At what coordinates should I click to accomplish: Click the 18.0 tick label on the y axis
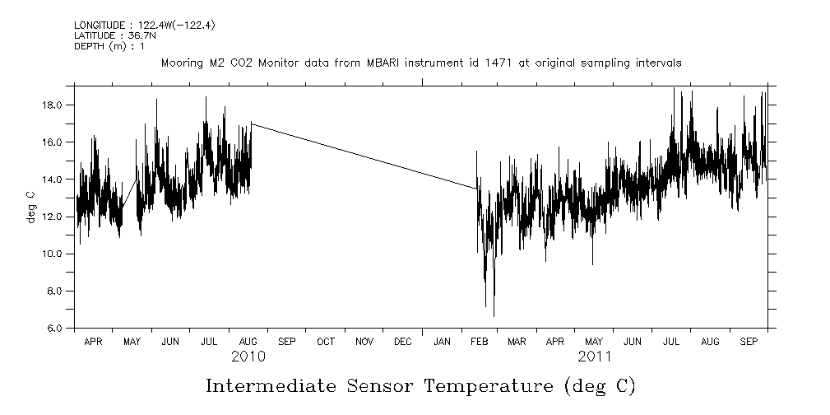click(x=53, y=105)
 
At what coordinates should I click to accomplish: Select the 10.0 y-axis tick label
click(x=53, y=254)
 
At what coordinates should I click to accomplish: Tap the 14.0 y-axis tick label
click(x=53, y=180)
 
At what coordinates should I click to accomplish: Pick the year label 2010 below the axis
click(x=248, y=357)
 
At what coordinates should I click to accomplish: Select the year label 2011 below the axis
click(x=594, y=357)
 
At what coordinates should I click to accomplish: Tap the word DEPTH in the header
click(x=88, y=46)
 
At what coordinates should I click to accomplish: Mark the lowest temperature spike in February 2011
click(x=494, y=315)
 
